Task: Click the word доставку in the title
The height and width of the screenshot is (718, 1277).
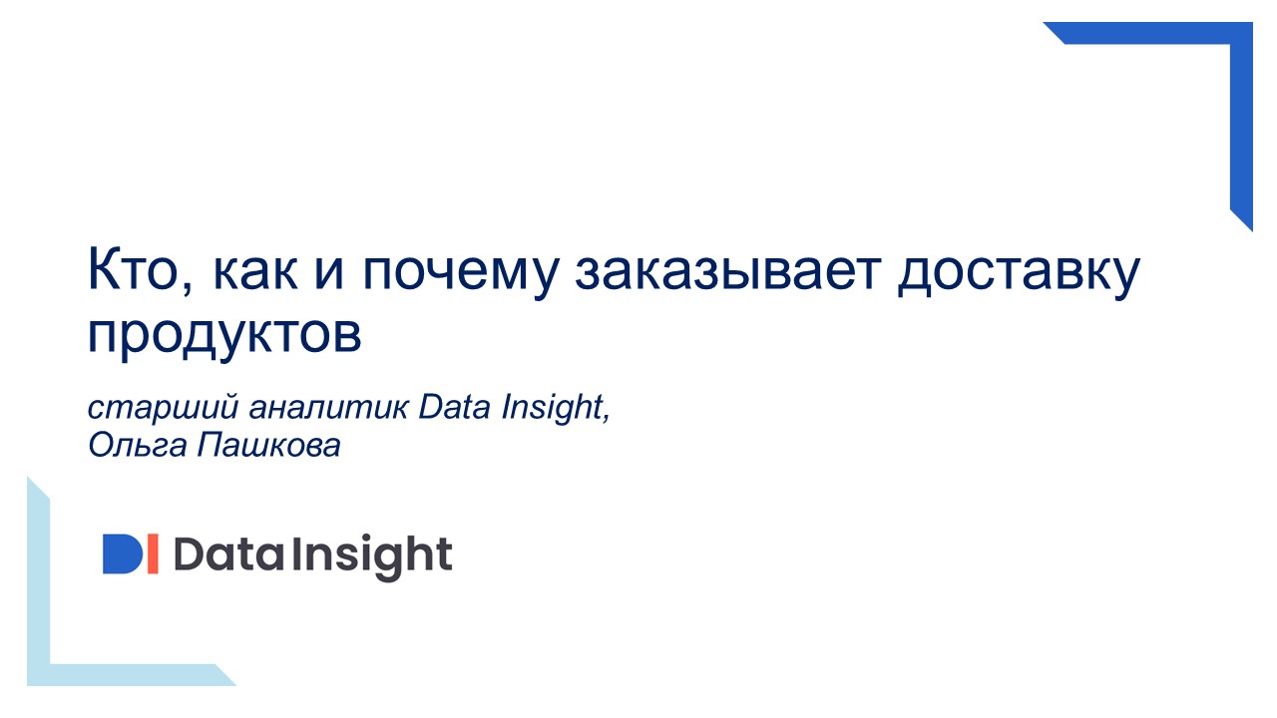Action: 1018,273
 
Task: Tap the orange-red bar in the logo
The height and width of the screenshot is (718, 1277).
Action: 152,554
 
